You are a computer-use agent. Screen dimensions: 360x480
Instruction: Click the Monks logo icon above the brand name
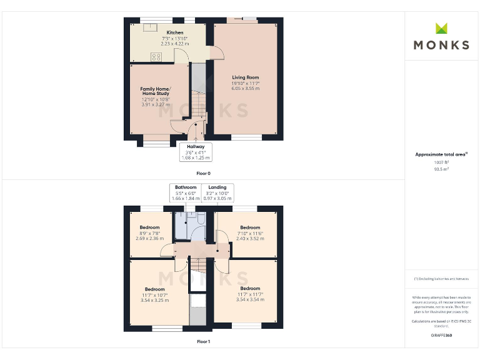point(442,28)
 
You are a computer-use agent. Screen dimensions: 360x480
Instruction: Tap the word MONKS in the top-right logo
point(442,45)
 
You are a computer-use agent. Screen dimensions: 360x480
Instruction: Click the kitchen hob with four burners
point(155,57)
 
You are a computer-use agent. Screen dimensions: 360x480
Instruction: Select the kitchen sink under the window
point(150,27)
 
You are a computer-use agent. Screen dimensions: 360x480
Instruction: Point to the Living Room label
point(245,77)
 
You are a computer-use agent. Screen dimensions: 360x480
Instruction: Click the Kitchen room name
point(175,32)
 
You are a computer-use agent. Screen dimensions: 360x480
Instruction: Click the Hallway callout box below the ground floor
point(196,152)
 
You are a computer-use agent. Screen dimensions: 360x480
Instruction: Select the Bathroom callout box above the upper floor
point(186,192)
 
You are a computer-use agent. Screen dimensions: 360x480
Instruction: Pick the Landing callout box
point(217,192)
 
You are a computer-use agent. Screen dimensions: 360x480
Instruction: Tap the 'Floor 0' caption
point(204,173)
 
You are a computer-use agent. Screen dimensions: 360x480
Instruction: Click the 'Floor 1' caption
point(204,342)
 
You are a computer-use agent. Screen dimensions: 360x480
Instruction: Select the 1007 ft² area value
point(442,162)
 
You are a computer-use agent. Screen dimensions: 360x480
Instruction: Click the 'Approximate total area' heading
point(441,154)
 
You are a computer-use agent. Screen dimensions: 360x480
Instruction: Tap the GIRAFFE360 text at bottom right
point(441,336)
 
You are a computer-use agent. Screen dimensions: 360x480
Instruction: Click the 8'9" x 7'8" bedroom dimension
point(150,233)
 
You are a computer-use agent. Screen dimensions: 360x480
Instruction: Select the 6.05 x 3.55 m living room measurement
point(245,89)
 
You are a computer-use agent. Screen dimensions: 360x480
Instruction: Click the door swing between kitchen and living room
point(216,56)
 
